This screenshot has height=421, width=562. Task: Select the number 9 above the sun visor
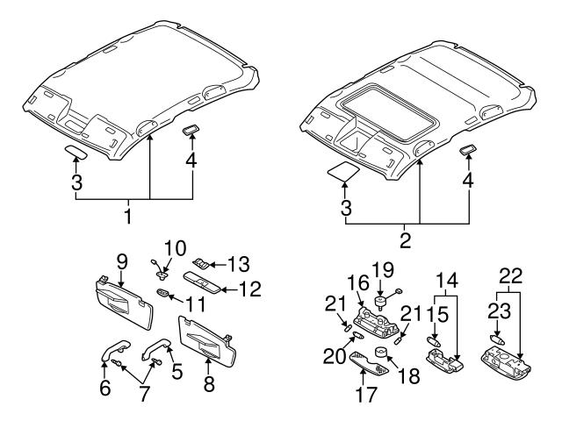tap(122, 260)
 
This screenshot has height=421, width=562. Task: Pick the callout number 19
tap(381, 269)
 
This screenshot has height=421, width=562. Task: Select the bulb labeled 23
tap(497, 338)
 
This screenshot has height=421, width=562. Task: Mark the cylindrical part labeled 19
tap(382, 302)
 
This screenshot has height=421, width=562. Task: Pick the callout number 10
tap(176, 247)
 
